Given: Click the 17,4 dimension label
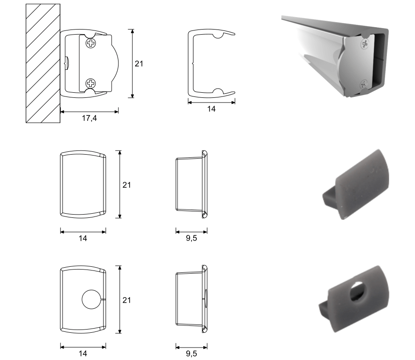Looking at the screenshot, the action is (x=89, y=118).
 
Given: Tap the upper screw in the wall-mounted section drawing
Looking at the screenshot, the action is (x=91, y=43).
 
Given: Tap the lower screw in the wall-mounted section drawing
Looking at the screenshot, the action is (x=91, y=84).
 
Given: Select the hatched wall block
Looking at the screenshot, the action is (x=43, y=63).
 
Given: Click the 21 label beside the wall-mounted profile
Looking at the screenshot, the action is (x=139, y=64).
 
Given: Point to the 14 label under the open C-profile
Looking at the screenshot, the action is (x=211, y=109).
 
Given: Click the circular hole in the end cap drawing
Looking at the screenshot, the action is (x=91, y=300).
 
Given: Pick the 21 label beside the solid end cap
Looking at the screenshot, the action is (x=126, y=185).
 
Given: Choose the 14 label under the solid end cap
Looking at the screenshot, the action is (x=83, y=239).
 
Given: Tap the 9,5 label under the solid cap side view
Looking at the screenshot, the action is (x=191, y=238).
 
